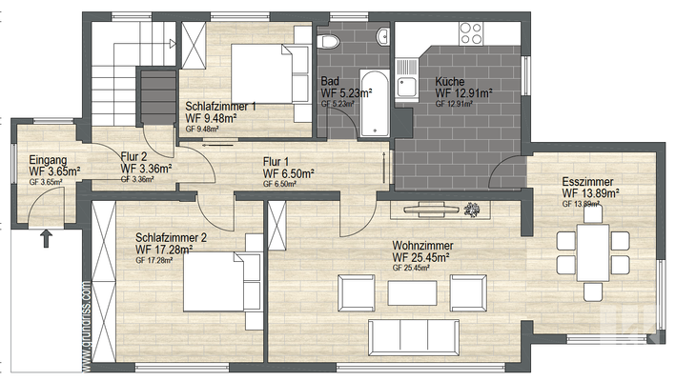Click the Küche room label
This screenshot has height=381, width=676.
450,82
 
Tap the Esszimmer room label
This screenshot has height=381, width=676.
587,180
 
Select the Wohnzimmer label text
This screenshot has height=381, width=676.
422,246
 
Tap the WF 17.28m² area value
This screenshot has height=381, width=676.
165,250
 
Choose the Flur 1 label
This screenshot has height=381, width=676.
278,163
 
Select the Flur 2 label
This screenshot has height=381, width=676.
134,156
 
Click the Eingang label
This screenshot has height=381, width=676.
49,159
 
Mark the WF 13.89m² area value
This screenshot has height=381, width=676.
591,191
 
